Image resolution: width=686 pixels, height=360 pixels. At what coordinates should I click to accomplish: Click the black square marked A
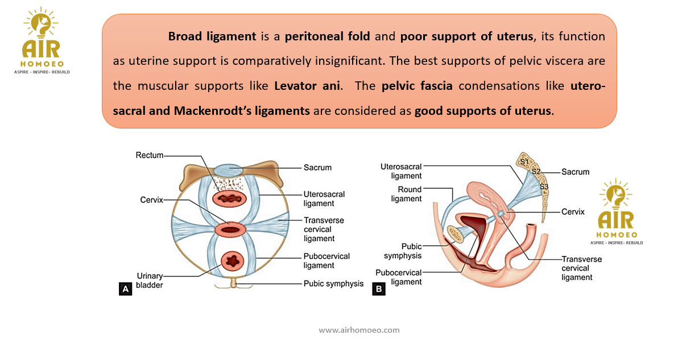click(125, 289)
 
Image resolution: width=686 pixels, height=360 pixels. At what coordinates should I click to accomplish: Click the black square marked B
click(378, 289)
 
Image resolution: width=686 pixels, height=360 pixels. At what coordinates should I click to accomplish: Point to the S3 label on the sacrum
click(544, 187)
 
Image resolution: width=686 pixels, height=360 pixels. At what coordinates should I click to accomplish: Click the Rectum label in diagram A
click(149, 155)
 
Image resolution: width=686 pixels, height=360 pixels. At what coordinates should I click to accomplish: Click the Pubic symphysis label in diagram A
click(333, 283)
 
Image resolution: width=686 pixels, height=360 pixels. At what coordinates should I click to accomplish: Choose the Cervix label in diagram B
click(573, 212)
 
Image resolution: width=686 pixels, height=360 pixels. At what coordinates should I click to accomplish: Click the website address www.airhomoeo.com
click(359, 330)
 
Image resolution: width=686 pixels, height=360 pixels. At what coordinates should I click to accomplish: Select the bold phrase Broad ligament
click(212, 36)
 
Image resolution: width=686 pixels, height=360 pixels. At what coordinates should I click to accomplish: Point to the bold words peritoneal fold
click(328, 36)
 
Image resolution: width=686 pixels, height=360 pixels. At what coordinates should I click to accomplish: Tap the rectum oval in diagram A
click(230, 199)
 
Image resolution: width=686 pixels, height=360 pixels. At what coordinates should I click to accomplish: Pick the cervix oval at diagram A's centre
click(230, 230)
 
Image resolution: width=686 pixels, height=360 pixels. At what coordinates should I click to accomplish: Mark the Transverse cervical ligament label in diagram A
click(324, 229)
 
